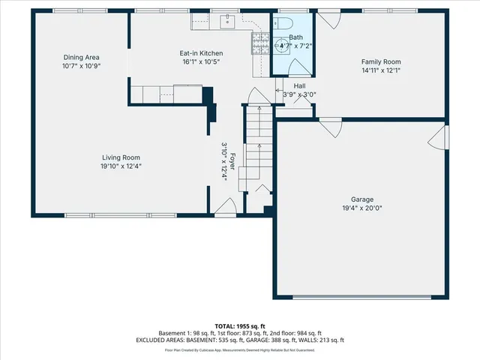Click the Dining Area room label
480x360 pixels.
82,58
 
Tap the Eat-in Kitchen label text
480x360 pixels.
201,53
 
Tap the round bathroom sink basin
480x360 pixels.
284,45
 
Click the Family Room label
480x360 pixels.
381,62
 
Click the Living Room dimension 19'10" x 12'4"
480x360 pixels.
121,166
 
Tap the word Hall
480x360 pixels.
299,86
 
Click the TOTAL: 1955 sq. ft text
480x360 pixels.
239,325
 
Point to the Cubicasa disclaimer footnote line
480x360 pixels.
239,349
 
